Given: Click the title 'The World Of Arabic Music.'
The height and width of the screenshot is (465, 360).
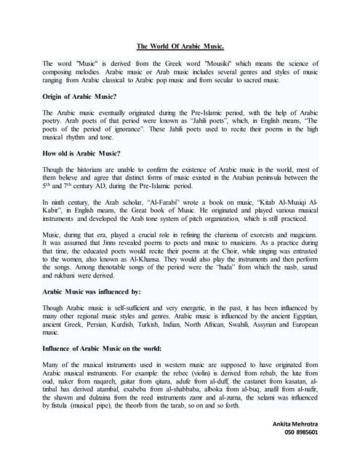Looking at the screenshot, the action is click(180, 46).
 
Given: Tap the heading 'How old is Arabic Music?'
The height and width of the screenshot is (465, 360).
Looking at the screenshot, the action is click(82, 154).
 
